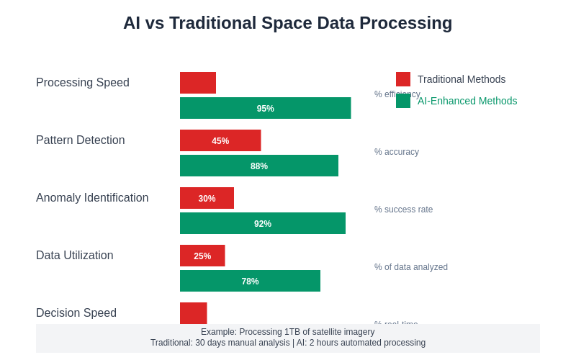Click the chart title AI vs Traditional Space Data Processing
point(287,23)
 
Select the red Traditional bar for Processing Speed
point(198,83)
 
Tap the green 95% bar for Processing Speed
point(265,108)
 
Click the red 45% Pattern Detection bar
point(220,140)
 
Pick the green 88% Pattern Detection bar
point(259,166)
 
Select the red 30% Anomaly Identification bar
point(207,198)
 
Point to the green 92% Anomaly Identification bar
point(263,223)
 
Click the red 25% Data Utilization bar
point(202,256)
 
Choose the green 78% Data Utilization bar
point(250,281)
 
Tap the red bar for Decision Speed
point(193,313)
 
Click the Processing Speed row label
point(83,83)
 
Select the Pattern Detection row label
point(81,140)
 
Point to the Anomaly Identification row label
point(92,198)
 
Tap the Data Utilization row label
point(75,256)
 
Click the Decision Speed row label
point(76,313)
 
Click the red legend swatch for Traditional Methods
point(403,79)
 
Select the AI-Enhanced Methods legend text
point(467,101)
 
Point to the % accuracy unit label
point(397,152)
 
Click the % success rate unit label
point(404,210)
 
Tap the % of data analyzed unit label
point(411,267)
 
